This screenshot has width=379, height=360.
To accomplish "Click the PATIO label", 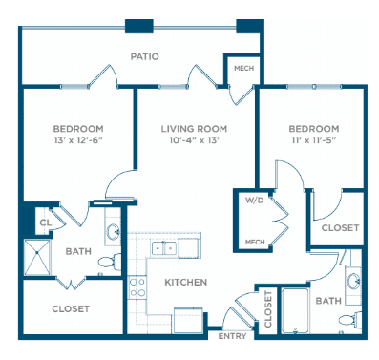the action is coord(145,56).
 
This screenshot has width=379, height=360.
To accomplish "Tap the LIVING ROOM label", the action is coord(194,129).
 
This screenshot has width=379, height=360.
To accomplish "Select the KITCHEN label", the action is coord(186,282).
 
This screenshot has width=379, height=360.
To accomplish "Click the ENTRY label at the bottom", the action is coord(232,336).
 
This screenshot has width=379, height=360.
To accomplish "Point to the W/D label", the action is coord(254,201).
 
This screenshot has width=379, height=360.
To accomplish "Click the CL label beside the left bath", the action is coord(46,222).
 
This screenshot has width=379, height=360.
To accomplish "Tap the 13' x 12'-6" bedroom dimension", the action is coord(78,140).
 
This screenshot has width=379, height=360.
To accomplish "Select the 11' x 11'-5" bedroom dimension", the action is coord(313,140).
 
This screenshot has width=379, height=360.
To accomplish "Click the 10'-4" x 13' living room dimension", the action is coord(195,140).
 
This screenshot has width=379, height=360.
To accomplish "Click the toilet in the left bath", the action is coord(110,262).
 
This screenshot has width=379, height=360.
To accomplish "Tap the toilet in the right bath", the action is coord(350,319).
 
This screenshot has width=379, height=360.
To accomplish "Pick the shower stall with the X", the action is coord(37,257).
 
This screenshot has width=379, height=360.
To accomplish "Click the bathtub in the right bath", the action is coord(295,311).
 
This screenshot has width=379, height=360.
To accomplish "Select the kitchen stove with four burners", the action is coord(137,287).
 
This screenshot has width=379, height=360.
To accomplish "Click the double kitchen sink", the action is coord(164,248).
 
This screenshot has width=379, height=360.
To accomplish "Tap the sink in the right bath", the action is coord(354,282).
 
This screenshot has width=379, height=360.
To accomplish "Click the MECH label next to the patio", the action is coord(243,69).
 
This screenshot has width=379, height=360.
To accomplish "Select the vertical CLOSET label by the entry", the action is coord(268,309).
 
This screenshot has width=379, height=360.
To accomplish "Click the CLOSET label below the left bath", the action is coord(71,308).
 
